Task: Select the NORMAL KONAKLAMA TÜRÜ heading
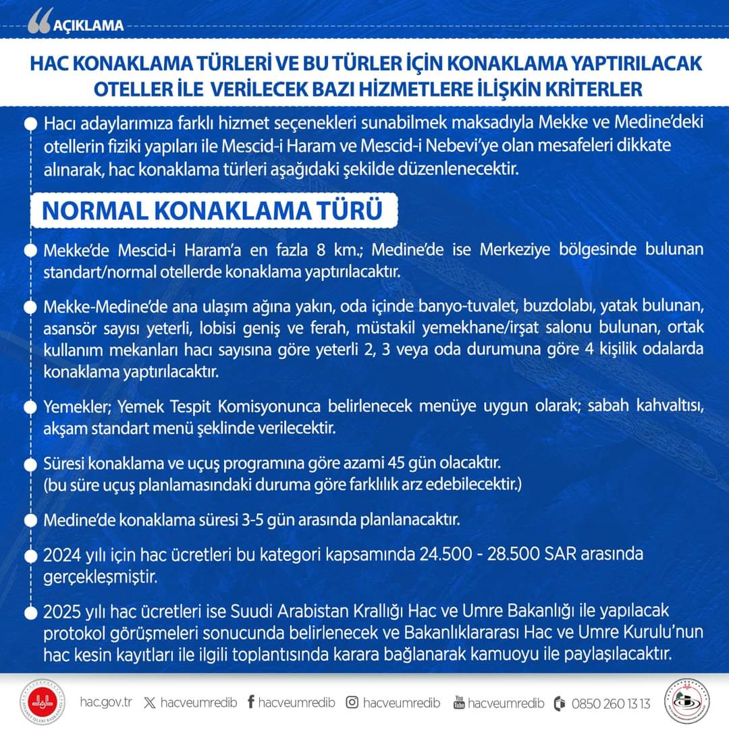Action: click(x=212, y=210)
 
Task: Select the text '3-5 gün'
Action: click(x=292, y=520)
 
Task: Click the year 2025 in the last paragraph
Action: click(x=61, y=612)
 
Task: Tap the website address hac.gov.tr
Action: click(x=105, y=703)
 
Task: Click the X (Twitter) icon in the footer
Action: click(x=149, y=703)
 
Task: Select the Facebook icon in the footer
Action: click(x=250, y=703)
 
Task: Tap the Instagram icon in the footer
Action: click(x=352, y=703)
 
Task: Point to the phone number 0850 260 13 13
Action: click(x=611, y=703)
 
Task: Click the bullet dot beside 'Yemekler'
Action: click(x=30, y=408)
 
